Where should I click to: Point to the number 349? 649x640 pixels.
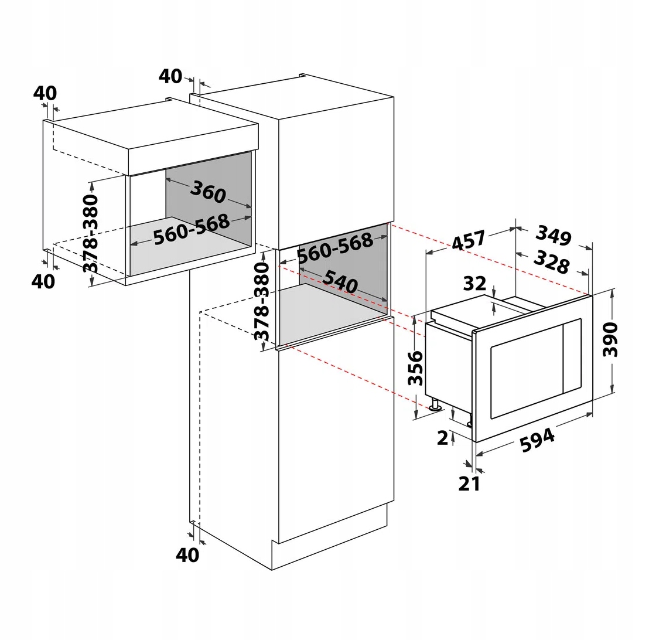pyautogui.click(x=553, y=236)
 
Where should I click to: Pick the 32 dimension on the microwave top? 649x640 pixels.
pyautogui.click(x=475, y=283)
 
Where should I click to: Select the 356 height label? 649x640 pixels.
pyautogui.click(x=415, y=367)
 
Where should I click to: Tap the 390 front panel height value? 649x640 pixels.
pyautogui.click(x=611, y=339)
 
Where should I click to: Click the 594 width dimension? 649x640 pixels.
pyautogui.click(x=537, y=440)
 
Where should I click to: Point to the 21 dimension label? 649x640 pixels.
pyautogui.click(x=469, y=484)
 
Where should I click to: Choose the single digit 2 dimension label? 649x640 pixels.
pyautogui.click(x=442, y=437)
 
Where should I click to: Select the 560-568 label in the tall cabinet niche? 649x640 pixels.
pyautogui.click(x=334, y=248)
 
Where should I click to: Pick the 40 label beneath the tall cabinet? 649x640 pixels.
pyautogui.click(x=187, y=554)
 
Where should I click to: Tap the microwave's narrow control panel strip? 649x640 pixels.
pyautogui.click(x=571, y=357)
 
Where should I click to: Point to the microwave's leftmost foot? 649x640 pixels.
pyautogui.click(x=435, y=405)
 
